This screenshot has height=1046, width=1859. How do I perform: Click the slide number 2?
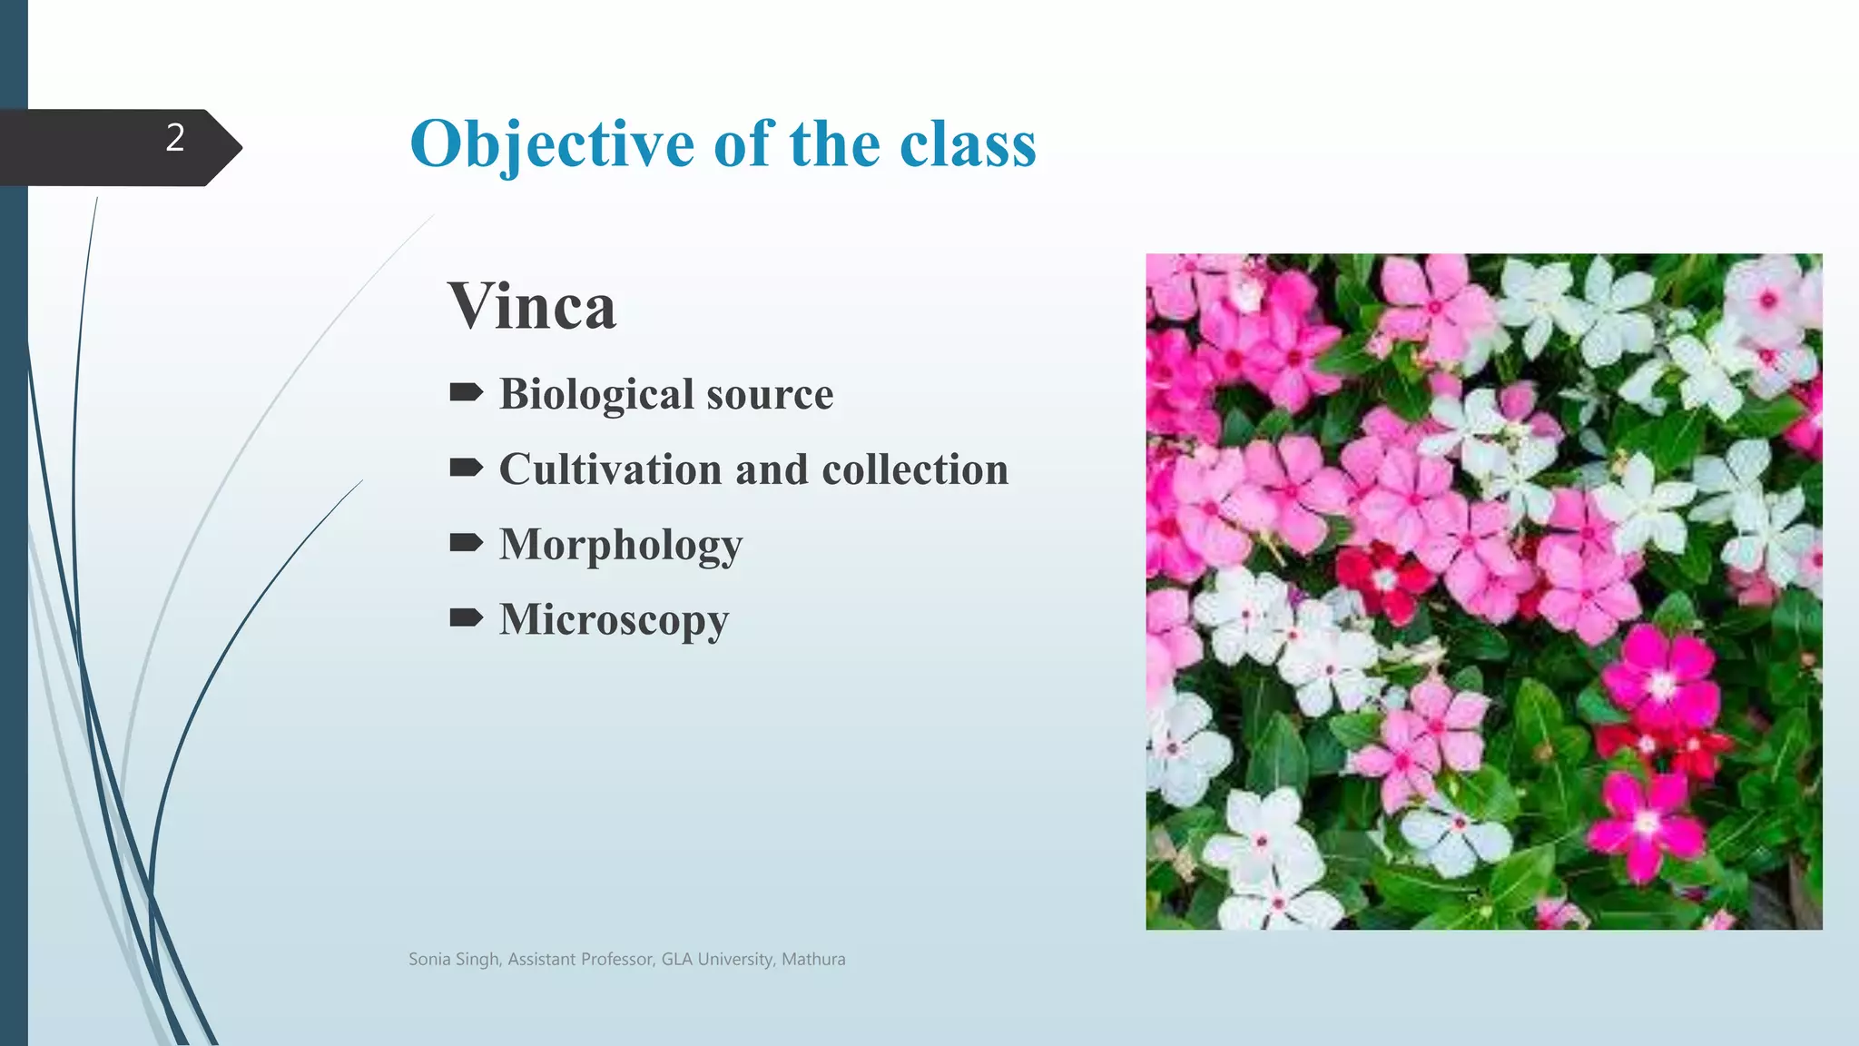tap(175, 138)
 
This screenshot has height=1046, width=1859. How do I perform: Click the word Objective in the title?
tap(552, 144)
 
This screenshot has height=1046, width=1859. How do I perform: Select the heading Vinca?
tap(532, 307)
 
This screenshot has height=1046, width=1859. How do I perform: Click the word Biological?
tap(596, 394)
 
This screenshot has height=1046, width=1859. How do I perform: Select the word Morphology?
tap(621, 545)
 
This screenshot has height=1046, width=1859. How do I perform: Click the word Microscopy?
tap(614, 620)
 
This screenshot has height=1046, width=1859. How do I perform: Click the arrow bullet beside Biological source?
tap(467, 393)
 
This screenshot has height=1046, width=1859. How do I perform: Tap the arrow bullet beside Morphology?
tap(467, 544)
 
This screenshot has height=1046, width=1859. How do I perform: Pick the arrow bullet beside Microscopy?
tap(467, 619)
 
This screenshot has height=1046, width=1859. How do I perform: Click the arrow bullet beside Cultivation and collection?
tap(467, 469)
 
